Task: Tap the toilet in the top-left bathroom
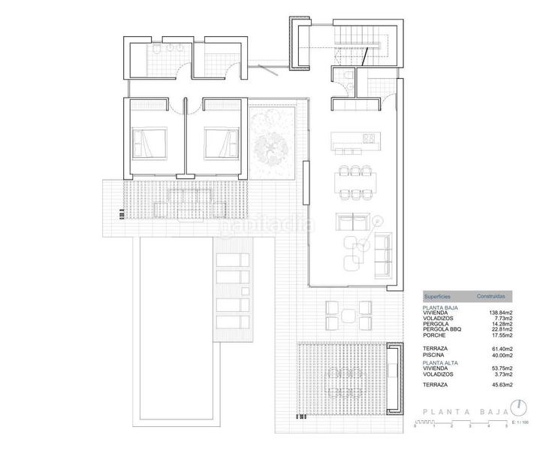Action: (x=155, y=50)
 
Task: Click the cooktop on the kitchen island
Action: (x=369, y=138)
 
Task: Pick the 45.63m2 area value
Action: (x=500, y=385)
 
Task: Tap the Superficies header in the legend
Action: (x=437, y=296)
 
